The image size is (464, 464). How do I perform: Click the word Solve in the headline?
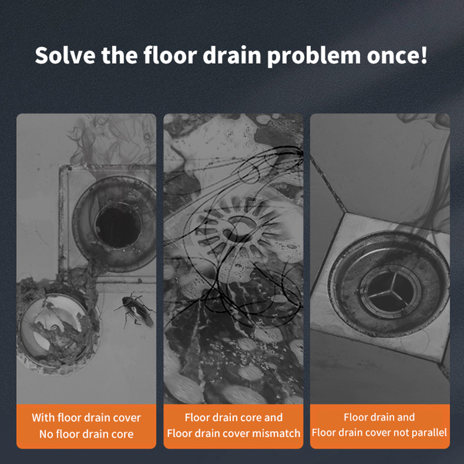[65, 55]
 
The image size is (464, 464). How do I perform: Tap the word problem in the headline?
[314, 56]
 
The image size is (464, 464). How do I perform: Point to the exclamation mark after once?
[424, 55]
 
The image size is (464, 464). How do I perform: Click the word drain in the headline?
[231, 55]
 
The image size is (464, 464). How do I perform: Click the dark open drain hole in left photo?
[118, 226]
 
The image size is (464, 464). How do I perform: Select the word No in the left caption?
[46, 434]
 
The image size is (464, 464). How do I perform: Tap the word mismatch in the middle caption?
[276, 433]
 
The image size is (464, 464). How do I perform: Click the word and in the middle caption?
[273, 417]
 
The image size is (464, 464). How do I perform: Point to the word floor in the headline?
[170, 55]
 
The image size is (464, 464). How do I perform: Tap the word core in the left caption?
[123, 434]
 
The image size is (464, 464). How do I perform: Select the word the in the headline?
[119, 55]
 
